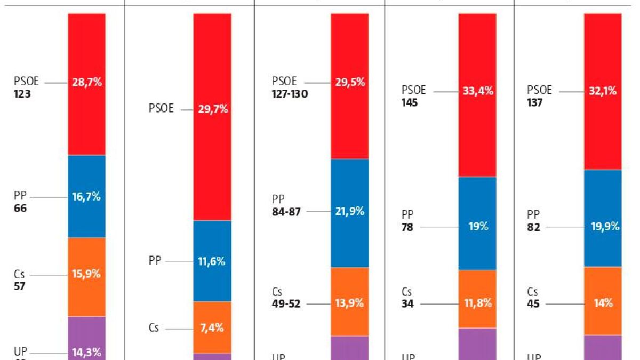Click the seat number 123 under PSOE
coord(22,94)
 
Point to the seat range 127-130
coord(290,94)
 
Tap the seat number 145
coord(410,103)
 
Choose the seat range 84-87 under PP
coord(286,212)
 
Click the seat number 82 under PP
coord(533,227)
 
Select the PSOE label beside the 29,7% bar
coord(161,109)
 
